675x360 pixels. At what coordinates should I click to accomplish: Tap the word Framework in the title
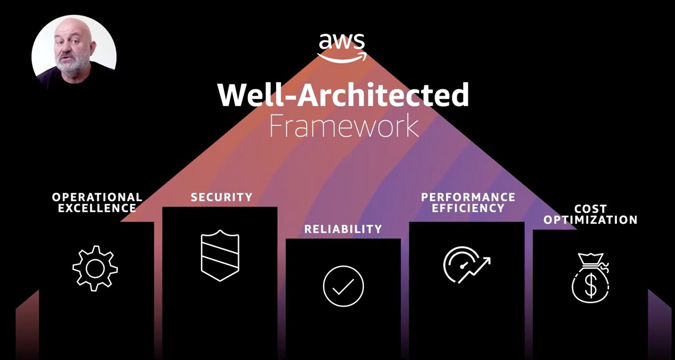coord(343,126)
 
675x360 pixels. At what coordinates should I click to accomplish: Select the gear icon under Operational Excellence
coord(95,268)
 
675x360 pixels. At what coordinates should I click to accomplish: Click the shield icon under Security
coord(220,255)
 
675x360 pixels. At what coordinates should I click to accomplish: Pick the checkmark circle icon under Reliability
coord(343,286)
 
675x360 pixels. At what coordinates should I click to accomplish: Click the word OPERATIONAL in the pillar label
coord(97,197)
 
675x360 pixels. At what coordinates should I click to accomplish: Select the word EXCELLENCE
coord(97,208)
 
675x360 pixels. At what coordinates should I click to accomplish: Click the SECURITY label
coord(222,198)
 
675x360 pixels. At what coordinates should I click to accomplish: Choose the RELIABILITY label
coord(343,229)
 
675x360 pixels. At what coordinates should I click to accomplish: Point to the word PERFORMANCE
coord(468,197)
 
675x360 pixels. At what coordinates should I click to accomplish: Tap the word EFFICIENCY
coord(468,208)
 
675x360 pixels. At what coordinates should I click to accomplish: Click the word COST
coord(591,209)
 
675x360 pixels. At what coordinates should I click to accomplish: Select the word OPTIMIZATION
coord(591,220)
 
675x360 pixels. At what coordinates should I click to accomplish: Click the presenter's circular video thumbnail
coord(74,51)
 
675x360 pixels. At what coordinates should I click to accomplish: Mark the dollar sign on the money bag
coord(591,287)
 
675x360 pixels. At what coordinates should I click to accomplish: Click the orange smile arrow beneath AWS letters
coord(342,58)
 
